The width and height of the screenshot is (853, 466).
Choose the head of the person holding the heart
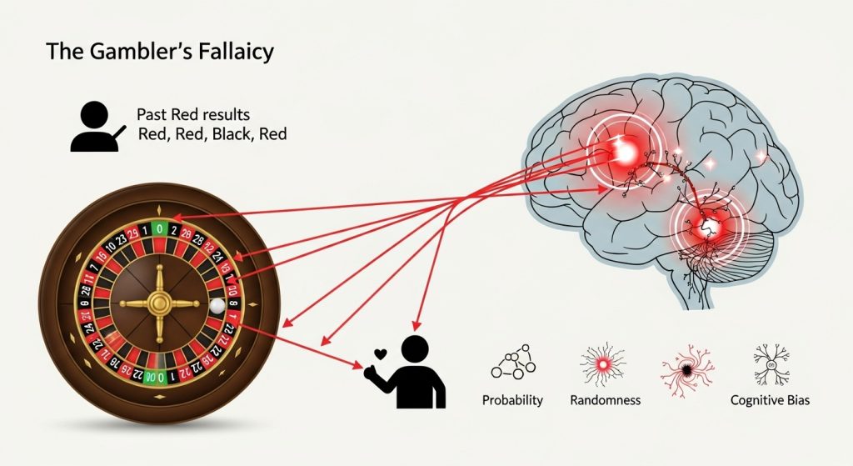point(414,349)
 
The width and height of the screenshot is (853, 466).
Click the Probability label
point(512,400)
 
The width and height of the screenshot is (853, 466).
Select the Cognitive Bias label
point(769,400)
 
